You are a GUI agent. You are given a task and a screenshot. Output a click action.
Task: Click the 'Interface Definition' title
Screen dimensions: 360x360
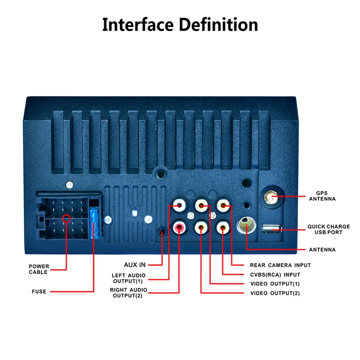pos(180,24)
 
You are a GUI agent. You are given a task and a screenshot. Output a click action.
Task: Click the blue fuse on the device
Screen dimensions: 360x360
pos(94,223)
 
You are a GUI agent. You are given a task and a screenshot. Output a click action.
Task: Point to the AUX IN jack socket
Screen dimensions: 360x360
pos(163,232)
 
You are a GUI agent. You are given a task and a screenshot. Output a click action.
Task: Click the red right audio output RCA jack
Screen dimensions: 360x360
pos(180,227)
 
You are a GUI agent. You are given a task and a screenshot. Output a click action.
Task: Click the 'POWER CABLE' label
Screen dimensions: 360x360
pos(39,269)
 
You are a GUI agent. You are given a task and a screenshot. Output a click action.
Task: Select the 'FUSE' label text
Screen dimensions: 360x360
pos(39,292)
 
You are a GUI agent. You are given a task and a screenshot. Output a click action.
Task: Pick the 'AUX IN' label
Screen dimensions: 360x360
pos(135,265)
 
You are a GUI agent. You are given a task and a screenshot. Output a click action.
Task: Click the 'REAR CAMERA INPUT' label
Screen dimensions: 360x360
pos(280,265)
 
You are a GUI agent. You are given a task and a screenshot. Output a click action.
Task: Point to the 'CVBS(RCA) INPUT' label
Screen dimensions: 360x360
pos(275,274)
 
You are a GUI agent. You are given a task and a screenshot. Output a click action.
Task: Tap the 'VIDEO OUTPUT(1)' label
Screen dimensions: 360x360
pos(275,284)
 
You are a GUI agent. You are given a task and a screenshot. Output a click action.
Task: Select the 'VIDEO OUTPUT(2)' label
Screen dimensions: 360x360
pos(275,293)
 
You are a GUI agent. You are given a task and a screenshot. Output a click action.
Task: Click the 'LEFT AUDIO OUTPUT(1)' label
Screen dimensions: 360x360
pos(129,278)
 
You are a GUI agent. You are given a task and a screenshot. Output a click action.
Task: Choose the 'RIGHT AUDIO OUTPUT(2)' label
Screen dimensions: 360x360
pos(129,292)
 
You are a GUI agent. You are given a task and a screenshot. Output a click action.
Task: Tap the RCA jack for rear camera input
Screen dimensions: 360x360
pos(224,206)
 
